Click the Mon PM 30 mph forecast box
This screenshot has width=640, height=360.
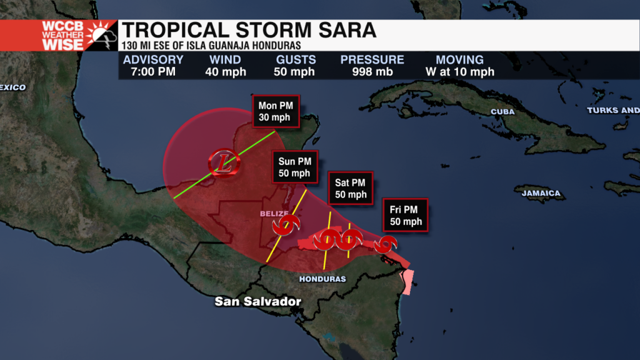(x=276, y=112)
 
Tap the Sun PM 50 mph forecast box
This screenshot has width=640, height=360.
(x=294, y=167)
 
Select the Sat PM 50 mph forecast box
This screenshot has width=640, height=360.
(x=350, y=188)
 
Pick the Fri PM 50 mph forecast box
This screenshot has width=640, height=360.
(x=406, y=216)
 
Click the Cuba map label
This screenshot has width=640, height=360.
(x=502, y=112)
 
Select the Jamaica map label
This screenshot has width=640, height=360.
(x=541, y=193)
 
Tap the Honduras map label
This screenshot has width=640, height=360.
(x=322, y=279)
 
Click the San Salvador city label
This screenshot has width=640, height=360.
(x=258, y=301)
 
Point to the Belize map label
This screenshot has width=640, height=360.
(x=274, y=214)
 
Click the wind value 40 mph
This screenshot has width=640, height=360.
(x=226, y=72)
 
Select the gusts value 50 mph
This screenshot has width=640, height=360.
(x=294, y=72)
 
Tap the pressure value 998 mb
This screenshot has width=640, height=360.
(x=372, y=72)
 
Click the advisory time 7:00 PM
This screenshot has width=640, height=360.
(x=153, y=72)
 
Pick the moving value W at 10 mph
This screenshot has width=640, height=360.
(x=459, y=72)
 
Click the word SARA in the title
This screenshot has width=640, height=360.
(x=346, y=31)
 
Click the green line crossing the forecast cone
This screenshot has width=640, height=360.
(x=206, y=175)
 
